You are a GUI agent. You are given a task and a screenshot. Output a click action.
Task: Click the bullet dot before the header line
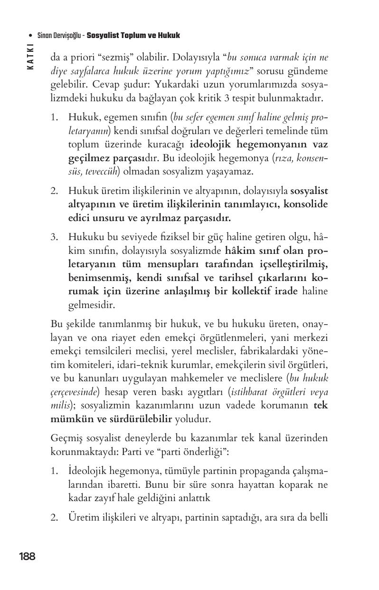[x=30, y=36]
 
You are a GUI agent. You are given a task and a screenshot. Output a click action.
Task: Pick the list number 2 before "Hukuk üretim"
[x=54, y=191]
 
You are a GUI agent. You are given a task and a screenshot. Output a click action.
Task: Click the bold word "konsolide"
[x=306, y=204]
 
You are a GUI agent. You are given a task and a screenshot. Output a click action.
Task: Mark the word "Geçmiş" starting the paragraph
[x=66, y=438]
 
